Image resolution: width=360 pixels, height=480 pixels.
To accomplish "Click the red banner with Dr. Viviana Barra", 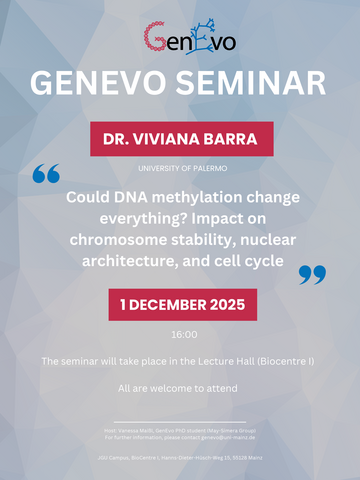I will click(181, 139).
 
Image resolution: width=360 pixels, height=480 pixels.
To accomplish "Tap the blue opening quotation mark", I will click(46, 176).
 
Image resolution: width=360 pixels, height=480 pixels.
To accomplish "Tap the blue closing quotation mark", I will click(312, 273).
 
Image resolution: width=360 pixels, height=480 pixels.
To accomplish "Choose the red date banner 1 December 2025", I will click(181, 304).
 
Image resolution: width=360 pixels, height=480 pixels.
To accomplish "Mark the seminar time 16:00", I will click(181, 334).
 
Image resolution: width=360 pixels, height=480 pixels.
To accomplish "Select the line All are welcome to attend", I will click(181, 386).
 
